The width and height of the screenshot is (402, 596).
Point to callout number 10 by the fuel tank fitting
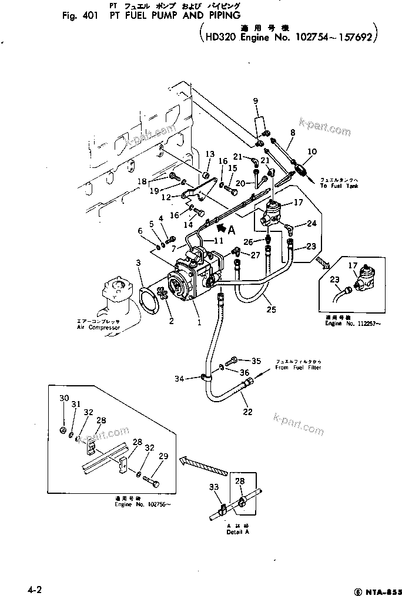311,151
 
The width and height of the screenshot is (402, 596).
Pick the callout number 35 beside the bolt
255,361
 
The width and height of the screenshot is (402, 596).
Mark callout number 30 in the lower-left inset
64,398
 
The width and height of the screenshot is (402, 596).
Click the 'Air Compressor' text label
98,327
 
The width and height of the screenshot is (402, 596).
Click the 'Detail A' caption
238,532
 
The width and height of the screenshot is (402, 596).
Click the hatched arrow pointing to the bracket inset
203,463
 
